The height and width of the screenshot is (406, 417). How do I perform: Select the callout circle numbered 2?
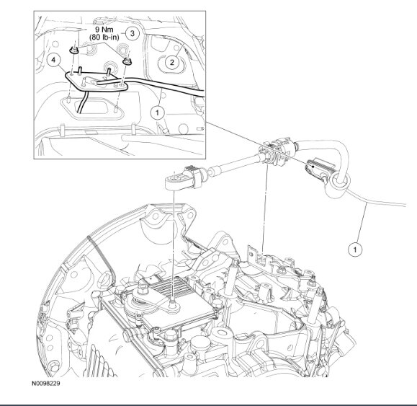[171, 63]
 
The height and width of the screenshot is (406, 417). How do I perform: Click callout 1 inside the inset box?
[157, 112]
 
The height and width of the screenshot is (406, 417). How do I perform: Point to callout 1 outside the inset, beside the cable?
[354, 249]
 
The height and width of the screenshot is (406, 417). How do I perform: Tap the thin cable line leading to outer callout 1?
[367, 209]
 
